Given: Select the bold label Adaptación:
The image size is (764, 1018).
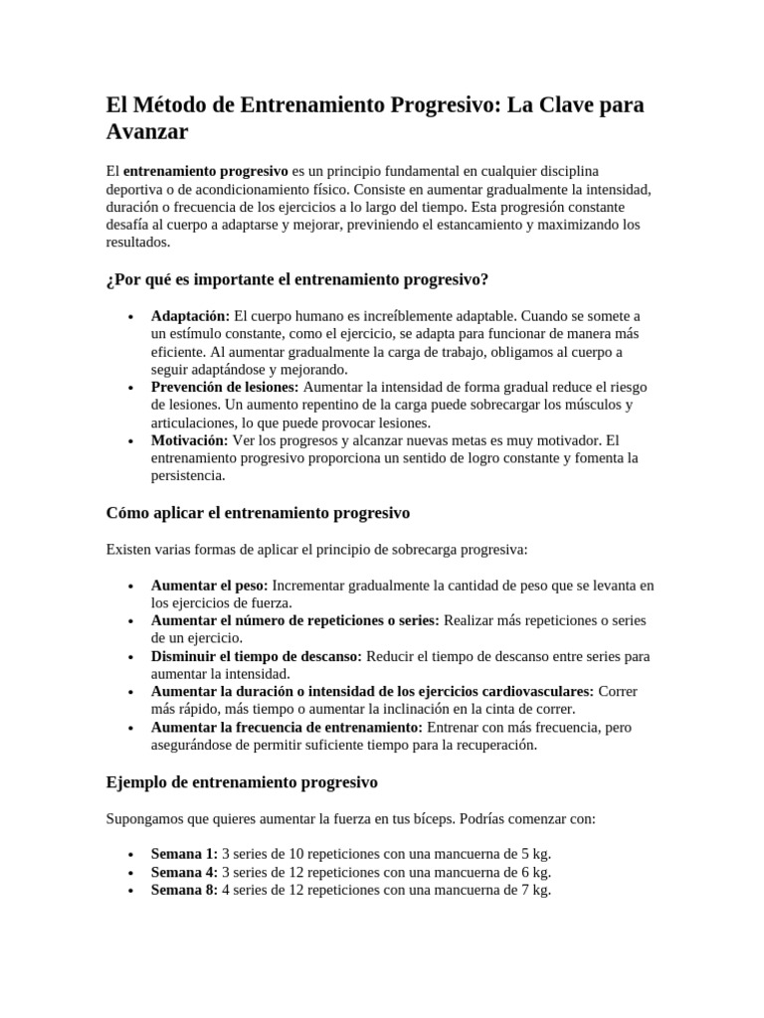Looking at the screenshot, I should (190, 315).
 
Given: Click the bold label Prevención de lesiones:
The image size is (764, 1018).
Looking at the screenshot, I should (225, 387).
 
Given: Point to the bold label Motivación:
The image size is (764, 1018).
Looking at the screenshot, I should (189, 439).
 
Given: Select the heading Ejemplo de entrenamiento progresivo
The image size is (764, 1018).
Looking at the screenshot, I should (242, 782).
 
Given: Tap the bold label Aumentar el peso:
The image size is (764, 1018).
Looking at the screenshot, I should (209, 585).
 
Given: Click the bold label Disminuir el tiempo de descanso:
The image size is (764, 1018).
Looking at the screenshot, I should (257, 656).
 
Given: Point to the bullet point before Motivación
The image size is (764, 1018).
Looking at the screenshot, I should (132, 440).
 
